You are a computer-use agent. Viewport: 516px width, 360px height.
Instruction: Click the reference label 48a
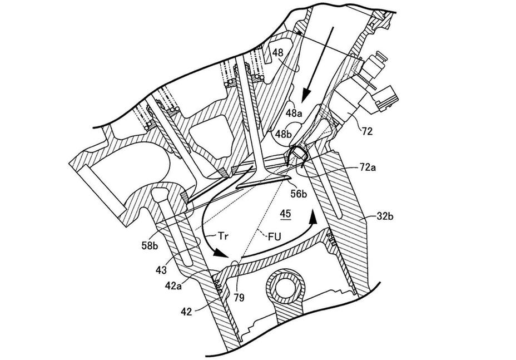point(294,113)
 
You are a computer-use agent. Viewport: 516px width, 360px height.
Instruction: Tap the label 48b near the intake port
point(284,134)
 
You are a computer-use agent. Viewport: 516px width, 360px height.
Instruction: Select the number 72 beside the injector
point(366,131)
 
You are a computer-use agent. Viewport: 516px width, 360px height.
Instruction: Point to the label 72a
point(366,168)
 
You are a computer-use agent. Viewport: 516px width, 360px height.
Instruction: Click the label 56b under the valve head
point(299,194)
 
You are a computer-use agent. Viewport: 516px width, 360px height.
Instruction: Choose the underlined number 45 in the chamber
point(285,214)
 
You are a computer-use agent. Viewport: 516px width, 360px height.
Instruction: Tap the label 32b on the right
point(385,216)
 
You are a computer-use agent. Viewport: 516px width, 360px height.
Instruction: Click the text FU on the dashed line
point(274,237)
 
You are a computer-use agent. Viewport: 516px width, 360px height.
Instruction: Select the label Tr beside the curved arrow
point(223,235)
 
